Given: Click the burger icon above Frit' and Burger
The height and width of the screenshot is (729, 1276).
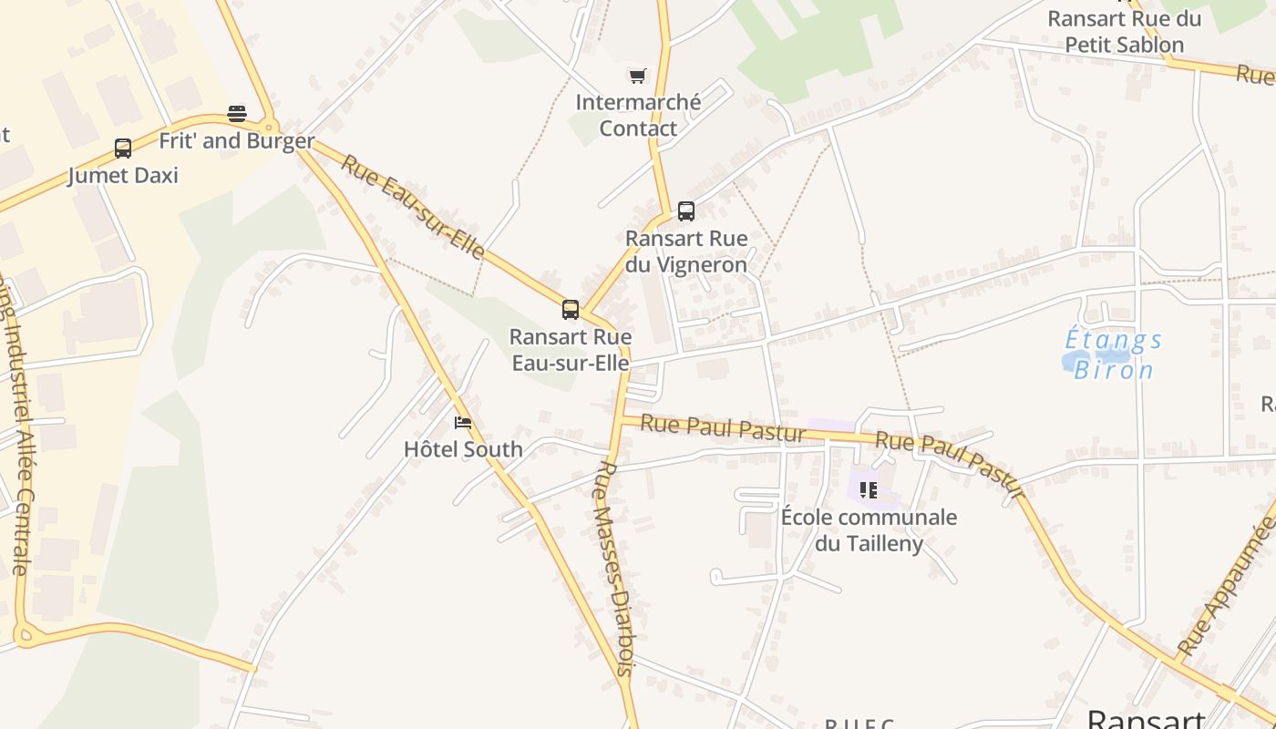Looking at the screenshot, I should tap(237, 114).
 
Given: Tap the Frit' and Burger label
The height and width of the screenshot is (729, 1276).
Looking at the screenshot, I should tap(236, 141).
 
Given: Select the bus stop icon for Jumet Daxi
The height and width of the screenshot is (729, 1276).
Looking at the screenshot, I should tap(122, 149).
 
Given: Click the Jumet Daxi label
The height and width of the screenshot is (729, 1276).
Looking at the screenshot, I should tap(123, 175).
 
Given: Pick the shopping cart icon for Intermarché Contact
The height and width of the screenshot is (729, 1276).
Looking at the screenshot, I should tap(637, 76).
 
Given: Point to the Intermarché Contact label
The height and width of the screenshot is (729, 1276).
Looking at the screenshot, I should tap(638, 115).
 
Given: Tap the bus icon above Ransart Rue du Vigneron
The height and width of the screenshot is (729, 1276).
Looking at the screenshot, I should tap(686, 211).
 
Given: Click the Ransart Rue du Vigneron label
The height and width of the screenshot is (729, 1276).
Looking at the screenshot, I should tap(686, 252).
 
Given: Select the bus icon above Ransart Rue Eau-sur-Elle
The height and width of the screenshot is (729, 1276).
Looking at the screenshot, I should tap(571, 310).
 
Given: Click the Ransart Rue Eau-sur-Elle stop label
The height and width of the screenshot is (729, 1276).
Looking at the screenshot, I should tap(571, 350).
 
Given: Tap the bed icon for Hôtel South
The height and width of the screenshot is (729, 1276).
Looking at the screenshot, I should tap(463, 423).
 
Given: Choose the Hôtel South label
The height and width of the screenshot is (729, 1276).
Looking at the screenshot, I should tap(463, 449).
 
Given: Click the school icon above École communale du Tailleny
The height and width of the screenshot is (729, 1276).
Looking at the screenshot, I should tap(869, 490).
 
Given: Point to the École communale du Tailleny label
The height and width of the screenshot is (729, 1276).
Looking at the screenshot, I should tap(869, 530).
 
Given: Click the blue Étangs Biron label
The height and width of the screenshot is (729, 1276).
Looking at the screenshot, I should tap(1114, 354).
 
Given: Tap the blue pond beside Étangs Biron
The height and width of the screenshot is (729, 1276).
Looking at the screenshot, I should tap(1081, 362).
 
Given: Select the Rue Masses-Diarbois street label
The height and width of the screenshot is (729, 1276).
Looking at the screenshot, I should tap(613, 568).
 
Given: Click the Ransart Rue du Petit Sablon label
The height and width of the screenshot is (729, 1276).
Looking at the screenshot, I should tap(1125, 31).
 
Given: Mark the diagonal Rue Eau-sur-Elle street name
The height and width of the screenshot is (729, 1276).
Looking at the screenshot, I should tap(412, 206).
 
